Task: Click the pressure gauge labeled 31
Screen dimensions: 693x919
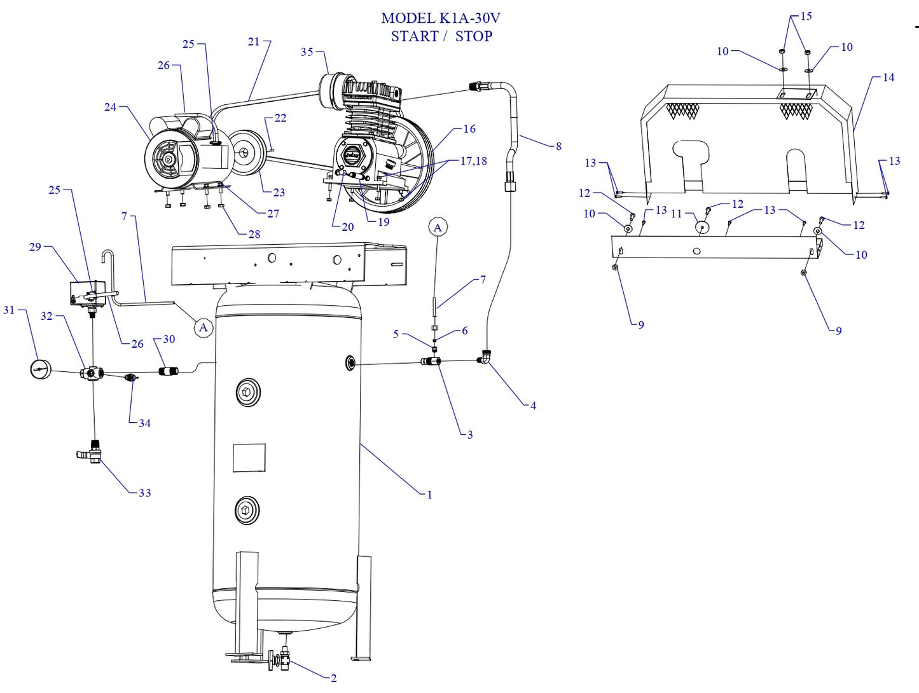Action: (41, 369)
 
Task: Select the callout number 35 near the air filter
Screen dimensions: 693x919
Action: (307, 52)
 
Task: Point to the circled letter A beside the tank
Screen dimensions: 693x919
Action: (204, 327)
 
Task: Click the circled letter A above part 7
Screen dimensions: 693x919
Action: (438, 228)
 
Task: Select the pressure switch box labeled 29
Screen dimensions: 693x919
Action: (87, 293)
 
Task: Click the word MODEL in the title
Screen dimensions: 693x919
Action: (408, 18)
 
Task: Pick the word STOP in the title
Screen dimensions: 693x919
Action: (474, 36)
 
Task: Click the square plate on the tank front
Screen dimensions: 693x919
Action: (249, 458)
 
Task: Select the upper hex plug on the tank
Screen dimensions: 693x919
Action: (247, 393)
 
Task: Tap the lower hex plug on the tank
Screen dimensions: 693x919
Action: (247, 510)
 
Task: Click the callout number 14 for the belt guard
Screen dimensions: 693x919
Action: (888, 78)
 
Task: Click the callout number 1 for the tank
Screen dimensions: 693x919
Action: (429, 495)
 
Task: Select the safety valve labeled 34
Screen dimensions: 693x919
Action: (132, 378)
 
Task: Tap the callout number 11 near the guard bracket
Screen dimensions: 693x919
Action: (676, 214)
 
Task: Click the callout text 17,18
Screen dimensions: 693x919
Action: (474, 161)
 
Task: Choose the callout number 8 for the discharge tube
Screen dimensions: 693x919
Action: (558, 146)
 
